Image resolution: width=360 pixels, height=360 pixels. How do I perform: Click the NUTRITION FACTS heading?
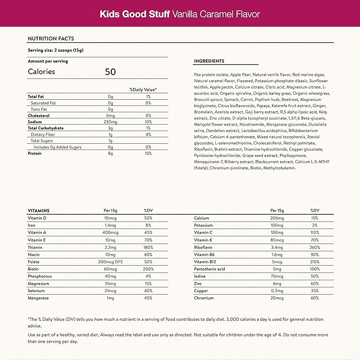(x=51, y=39)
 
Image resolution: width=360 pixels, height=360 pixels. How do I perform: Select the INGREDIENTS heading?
(x=209, y=61)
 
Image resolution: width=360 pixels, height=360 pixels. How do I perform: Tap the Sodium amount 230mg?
(x=111, y=121)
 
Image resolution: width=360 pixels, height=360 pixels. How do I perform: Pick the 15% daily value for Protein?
(x=148, y=153)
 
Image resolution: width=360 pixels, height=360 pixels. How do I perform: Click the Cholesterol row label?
(x=40, y=115)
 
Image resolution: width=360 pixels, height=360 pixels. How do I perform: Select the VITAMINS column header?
(x=38, y=210)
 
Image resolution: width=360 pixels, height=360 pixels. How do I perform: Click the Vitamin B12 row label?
(x=205, y=262)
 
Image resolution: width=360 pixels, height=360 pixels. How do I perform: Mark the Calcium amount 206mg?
(x=278, y=218)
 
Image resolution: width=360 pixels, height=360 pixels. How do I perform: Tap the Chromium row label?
(x=204, y=298)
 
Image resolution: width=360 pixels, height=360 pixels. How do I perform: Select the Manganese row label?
(x=39, y=298)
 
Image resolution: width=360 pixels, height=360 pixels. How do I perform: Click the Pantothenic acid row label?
(x=209, y=269)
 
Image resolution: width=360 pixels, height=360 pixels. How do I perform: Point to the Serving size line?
(x=54, y=50)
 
